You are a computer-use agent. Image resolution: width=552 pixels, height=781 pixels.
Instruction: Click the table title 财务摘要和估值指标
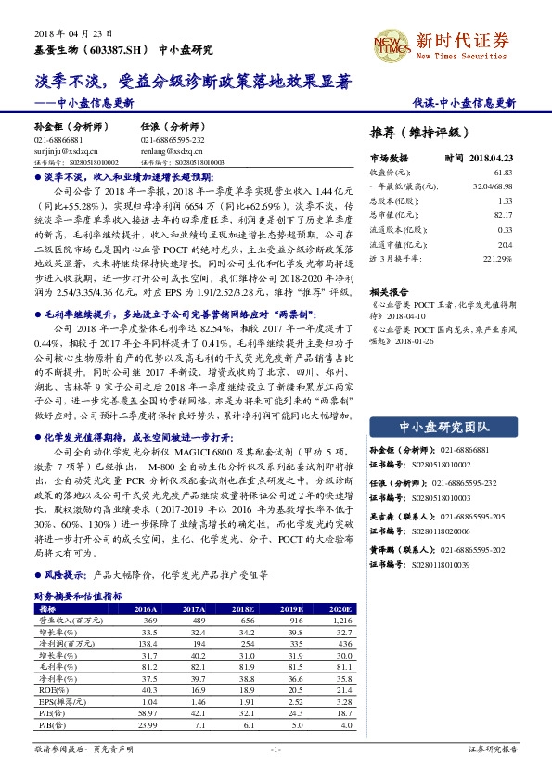tap(71, 595)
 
